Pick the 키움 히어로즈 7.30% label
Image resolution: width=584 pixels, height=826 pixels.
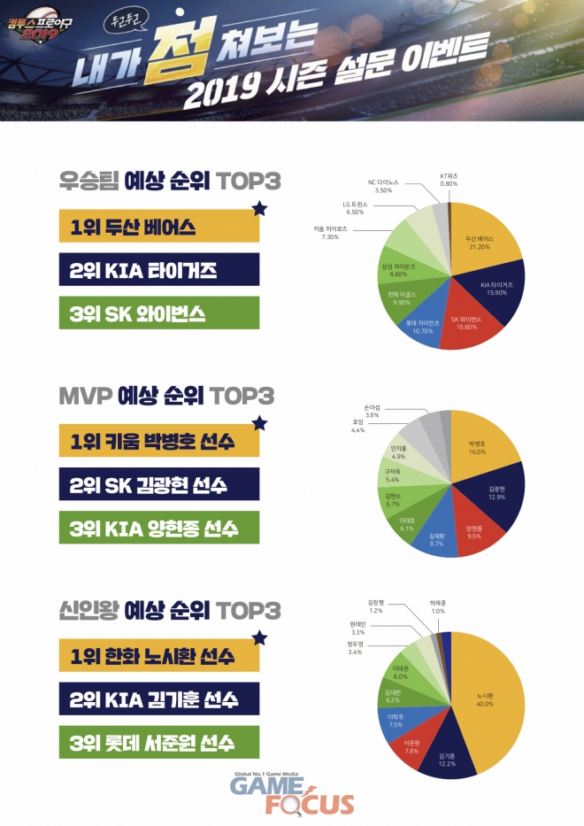tap(330, 232)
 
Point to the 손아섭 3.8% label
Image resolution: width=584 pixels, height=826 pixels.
tap(373, 411)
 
